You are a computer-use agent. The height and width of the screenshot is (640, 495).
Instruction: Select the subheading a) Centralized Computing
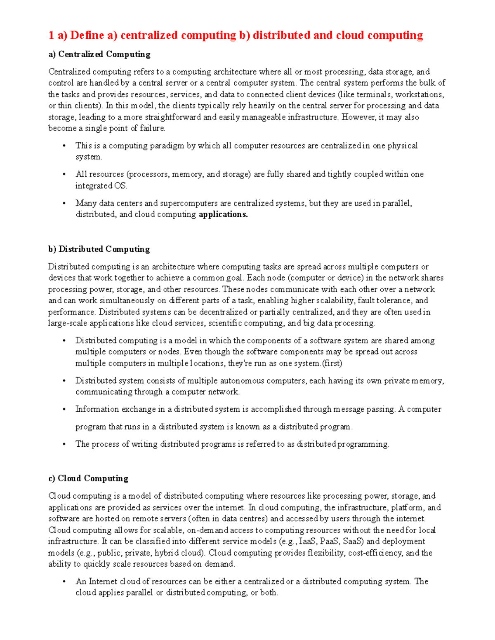pos(99,54)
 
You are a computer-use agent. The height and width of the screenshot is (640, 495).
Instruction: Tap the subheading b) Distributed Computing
pos(99,249)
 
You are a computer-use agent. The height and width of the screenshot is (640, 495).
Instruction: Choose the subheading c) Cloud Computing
pos(88,478)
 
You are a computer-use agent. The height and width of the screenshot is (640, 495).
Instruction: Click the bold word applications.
pos(223,214)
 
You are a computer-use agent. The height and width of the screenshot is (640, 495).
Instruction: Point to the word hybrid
pos(166,553)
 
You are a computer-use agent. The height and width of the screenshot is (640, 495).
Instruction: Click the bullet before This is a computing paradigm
pos(64,146)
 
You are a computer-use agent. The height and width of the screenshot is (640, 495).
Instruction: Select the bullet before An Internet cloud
pos(64,582)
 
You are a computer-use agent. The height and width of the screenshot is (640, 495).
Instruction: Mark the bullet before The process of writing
pos(64,444)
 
